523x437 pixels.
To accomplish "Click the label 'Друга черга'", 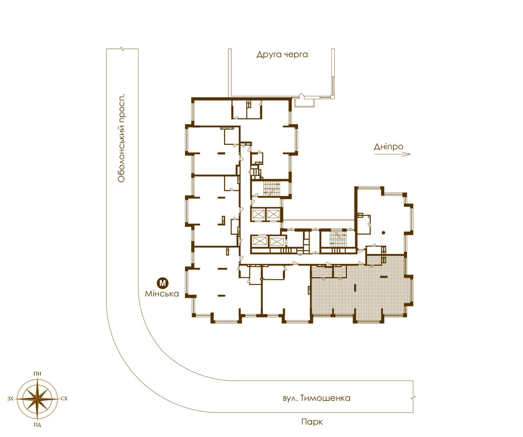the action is tap(282, 55).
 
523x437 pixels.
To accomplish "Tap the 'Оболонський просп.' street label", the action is tap(121, 138).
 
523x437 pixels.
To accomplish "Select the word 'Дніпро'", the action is tap(389, 146).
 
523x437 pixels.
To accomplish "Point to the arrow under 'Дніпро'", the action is tap(392, 154).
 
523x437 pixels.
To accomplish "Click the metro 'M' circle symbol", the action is tap(162, 283).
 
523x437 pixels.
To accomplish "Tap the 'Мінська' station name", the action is tap(162, 294).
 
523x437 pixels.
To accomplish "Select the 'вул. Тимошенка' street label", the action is tap(316, 398).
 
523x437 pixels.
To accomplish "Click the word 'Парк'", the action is tap(312, 422).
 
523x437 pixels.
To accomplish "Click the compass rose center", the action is tap(37, 399).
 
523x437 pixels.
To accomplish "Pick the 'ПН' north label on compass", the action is tap(37, 374).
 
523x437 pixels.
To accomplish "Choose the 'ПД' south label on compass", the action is tap(37, 425).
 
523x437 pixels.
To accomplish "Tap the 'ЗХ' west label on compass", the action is tap(10, 399).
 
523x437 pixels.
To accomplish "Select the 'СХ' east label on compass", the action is tap(64, 399).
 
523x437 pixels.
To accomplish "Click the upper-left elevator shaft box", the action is tap(258, 214).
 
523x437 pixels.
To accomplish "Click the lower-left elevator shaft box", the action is tap(259, 242).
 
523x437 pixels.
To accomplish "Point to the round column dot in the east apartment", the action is tap(383, 233).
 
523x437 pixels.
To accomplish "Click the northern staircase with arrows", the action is tap(271, 188).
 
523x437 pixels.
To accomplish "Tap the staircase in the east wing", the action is tap(338, 239).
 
